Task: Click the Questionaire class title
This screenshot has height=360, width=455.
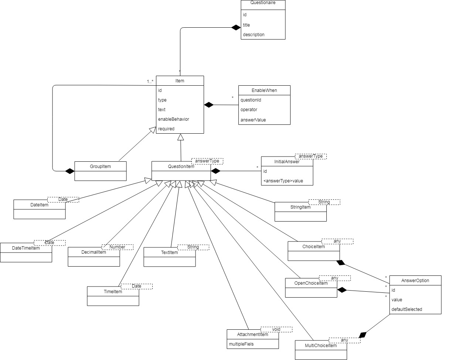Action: pyautogui.click(x=263, y=4)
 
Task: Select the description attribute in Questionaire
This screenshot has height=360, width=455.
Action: pyautogui.click(x=254, y=34)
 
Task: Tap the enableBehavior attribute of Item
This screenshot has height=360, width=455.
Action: pyautogui.click(x=173, y=119)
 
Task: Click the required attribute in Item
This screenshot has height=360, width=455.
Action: pyautogui.click(x=166, y=128)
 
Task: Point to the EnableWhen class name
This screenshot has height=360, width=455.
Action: pyautogui.click(x=264, y=90)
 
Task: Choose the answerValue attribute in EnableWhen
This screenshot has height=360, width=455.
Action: pyautogui.click(x=253, y=119)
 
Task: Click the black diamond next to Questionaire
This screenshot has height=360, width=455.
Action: pyautogui.click(x=235, y=27)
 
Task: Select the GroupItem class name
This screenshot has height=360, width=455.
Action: pyautogui.click(x=100, y=167)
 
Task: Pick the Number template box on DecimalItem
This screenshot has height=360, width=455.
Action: pyautogui.click(x=117, y=247)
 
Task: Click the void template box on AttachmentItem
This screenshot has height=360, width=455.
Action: pyautogui.click(x=276, y=329)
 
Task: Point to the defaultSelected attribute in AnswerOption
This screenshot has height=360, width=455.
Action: pyautogui.click(x=407, y=309)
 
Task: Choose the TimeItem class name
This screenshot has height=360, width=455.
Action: pyautogui.click(x=113, y=291)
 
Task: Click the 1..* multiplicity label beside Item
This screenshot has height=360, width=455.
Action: pyautogui.click(x=150, y=81)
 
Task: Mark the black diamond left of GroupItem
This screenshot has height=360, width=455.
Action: pyautogui.click(x=69, y=171)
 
